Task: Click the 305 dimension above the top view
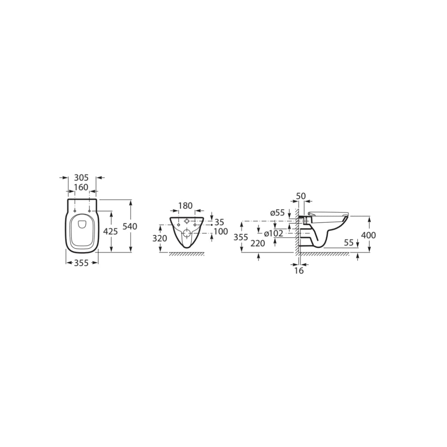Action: [81, 178]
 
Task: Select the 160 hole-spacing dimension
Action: [81, 187]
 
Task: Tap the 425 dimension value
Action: [110, 231]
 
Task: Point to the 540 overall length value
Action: [130, 226]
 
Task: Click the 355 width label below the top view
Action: [81, 263]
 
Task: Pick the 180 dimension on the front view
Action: [186, 206]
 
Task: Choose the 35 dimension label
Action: [219, 222]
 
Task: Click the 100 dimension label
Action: [221, 231]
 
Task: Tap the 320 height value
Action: [159, 238]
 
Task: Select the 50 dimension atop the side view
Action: [301, 196]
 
